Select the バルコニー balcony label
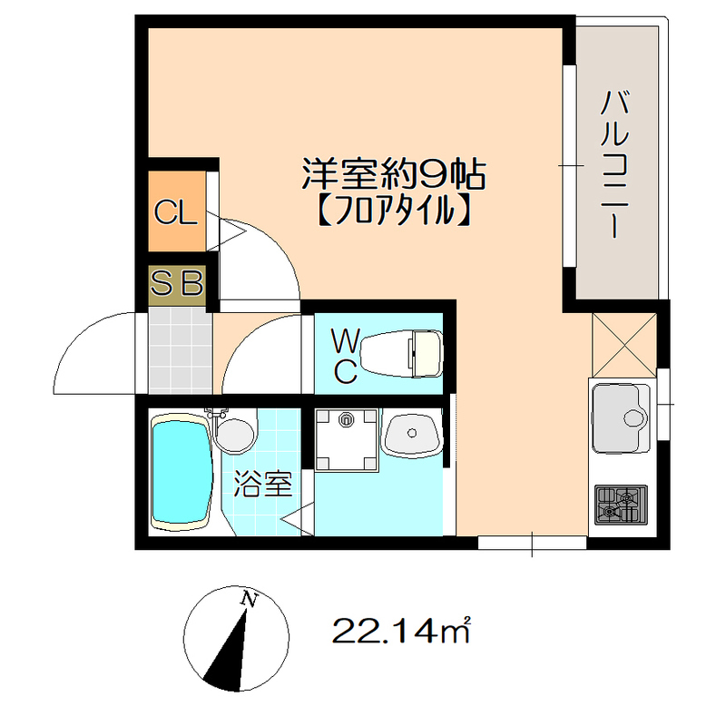pyautogui.click(x=614, y=164)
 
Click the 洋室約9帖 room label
pyautogui.click(x=393, y=173)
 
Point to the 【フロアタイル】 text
pyautogui.click(x=393, y=211)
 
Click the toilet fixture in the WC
pyautogui.click(x=409, y=351)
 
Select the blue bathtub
pyautogui.click(x=180, y=472)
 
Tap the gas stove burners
pyautogui.click(x=620, y=505)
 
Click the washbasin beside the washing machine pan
pyautogui.click(x=411, y=434)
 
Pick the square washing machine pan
pyautogui.click(x=345, y=439)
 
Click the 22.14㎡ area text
pyautogui.click(x=399, y=629)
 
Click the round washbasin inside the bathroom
pyautogui.click(x=236, y=433)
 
